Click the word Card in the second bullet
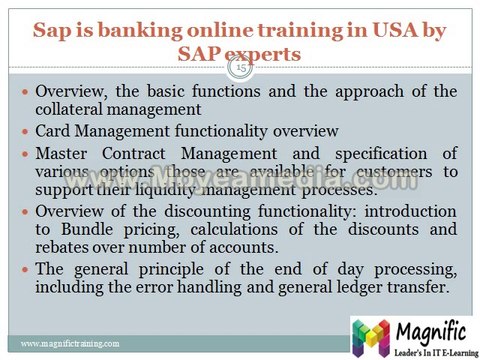point(53,131)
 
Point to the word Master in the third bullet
point(62,152)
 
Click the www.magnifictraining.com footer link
point(71,343)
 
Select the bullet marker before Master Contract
point(26,153)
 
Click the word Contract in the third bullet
point(131,152)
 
